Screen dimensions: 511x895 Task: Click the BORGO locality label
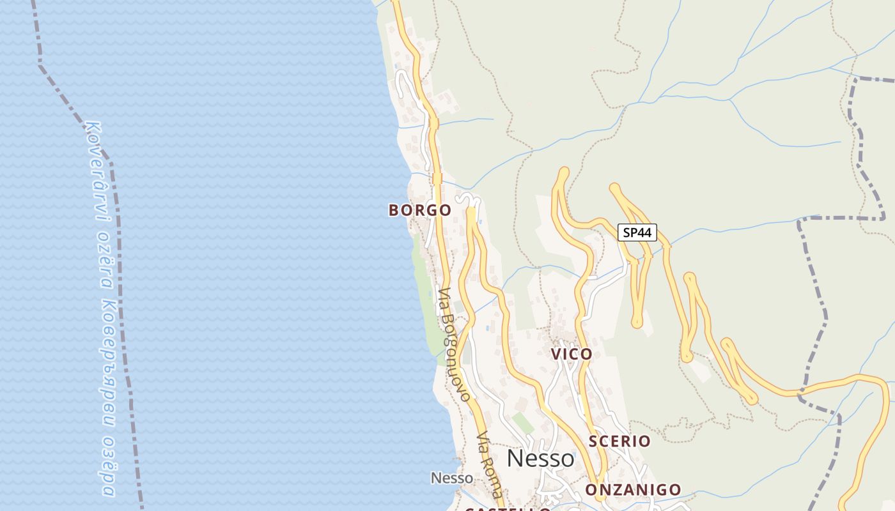click(x=419, y=210)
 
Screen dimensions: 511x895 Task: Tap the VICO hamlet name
click(x=572, y=354)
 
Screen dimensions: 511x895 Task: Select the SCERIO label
click(x=619, y=441)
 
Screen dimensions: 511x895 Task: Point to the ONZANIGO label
click(x=634, y=490)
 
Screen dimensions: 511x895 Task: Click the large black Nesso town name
click(x=540, y=458)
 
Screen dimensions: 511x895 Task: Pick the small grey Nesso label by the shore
click(x=452, y=478)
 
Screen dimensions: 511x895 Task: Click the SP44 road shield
click(x=637, y=233)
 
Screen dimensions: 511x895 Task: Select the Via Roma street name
click(x=489, y=465)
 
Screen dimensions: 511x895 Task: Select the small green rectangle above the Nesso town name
click(x=523, y=423)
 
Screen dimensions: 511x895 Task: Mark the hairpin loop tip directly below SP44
click(x=637, y=323)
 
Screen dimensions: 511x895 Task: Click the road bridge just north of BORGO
click(x=437, y=178)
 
